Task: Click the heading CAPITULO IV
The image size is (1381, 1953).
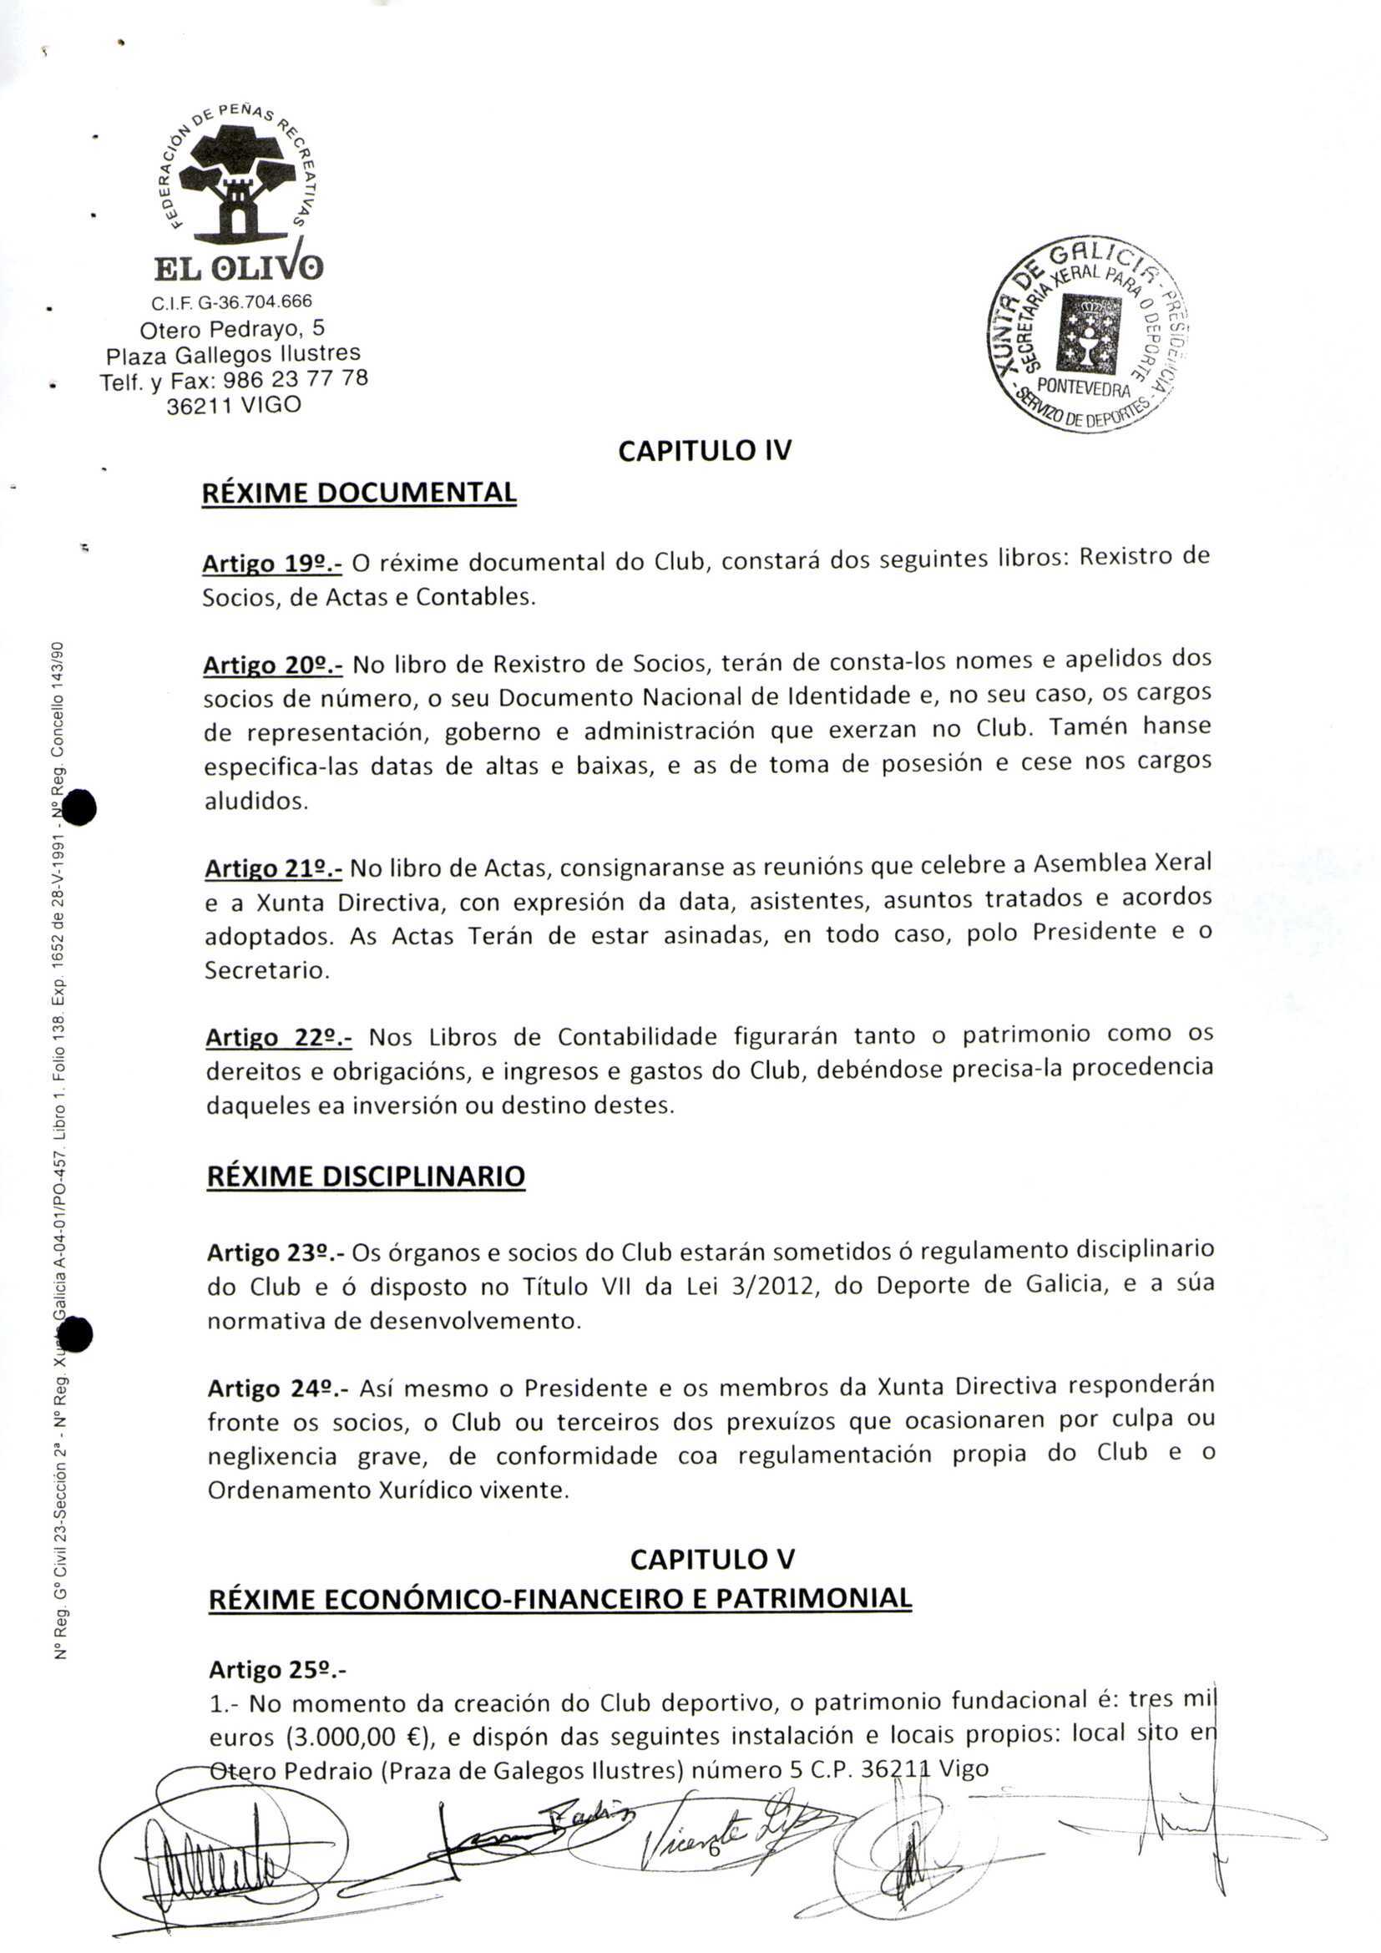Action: click(x=704, y=450)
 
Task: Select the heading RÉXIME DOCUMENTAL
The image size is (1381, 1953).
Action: click(x=359, y=493)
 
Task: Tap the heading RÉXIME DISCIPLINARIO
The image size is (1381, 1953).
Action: click(x=366, y=1176)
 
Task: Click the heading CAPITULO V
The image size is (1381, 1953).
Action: click(x=711, y=1559)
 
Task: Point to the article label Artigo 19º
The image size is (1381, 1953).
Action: click(x=271, y=563)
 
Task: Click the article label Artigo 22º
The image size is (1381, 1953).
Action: click(x=278, y=1037)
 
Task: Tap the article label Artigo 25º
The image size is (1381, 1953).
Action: click(x=276, y=1670)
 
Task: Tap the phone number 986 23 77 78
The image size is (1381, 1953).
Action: click(x=295, y=379)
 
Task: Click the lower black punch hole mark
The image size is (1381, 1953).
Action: click(x=77, y=1333)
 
